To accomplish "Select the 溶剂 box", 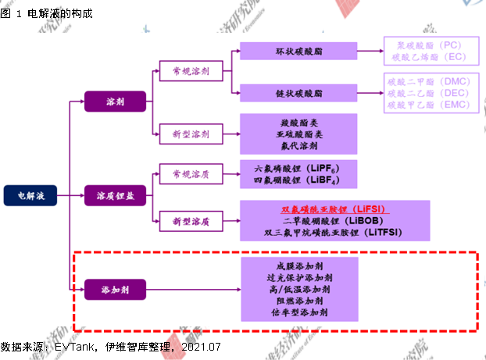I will coord(115,102).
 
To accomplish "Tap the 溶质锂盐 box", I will coord(115,195).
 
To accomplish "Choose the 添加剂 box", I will coord(115,288).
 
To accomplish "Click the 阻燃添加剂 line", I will coord(296,300).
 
